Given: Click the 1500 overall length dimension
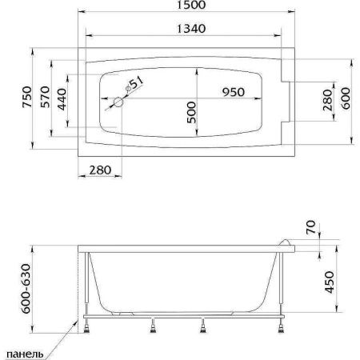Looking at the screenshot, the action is coord(191,5).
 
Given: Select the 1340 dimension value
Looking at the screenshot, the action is coord(191,29).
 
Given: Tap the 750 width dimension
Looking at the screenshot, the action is coord(27,97).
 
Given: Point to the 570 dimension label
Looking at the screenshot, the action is coord(45,97).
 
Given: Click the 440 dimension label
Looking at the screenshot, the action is coord(62,99).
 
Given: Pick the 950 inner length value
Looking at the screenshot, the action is coord(234,92).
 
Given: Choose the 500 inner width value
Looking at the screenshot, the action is coord(191,112).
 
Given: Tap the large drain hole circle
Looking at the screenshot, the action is coord(118,102).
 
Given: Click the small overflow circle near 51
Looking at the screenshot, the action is coord(128,88).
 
